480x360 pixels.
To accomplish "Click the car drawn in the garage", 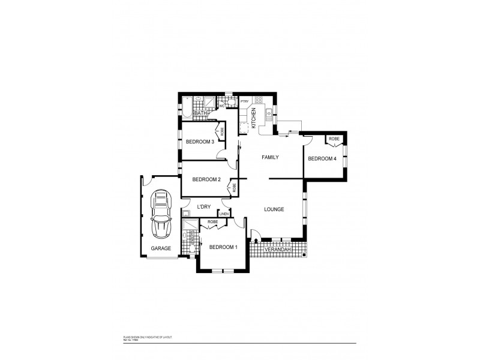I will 161,215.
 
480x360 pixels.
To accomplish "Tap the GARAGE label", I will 161,248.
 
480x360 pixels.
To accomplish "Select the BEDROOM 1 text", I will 223,247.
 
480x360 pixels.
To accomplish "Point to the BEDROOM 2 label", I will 206,179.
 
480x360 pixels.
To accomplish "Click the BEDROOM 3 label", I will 200,142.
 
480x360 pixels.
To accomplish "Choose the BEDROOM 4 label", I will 322,158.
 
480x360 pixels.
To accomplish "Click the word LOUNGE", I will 274,209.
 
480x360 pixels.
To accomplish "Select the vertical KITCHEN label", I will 254,118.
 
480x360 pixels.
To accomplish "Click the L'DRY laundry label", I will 205,207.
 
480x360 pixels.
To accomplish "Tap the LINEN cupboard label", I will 224,214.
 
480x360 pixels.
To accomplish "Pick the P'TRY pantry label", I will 244,102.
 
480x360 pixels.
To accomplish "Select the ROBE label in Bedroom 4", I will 334,139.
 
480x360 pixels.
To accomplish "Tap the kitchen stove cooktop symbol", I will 259,100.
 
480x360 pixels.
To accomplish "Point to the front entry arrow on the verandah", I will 256,240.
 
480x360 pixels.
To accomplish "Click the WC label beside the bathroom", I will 221,106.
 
